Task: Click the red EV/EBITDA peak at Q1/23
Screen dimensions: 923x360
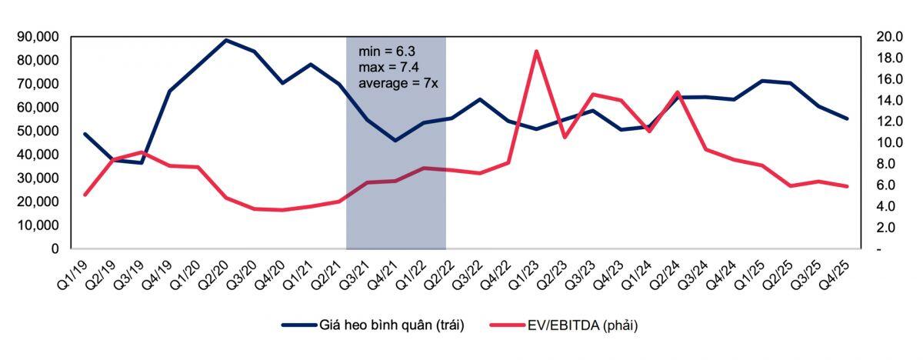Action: point(536,51)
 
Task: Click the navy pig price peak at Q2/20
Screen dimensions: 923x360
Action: point(225,40)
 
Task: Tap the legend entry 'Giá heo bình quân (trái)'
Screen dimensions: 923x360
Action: point(373,325)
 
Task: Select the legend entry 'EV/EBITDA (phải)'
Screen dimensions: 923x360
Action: point(564,325)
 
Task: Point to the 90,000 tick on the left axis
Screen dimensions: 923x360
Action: point(38,37)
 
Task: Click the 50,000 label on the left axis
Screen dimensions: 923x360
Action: point(38,131)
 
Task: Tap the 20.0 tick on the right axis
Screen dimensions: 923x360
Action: point(889,37)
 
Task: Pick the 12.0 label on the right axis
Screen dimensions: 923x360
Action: point(889,121)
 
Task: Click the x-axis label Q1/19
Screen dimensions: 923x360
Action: point(73,276)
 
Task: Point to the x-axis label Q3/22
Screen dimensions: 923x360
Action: point(468,276)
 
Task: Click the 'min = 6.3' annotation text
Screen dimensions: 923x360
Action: point(387,52)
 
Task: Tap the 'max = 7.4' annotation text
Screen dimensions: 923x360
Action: point(388,67)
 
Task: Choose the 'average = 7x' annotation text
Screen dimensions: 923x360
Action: point(398,84)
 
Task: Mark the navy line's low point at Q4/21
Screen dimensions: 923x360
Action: point(395,141)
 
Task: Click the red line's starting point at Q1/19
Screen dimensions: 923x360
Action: point(85,195)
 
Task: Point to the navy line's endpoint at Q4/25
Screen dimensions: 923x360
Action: point(847,118)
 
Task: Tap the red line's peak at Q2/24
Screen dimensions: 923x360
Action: point(678,92)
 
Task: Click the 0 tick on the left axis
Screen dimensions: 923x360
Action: point(55,248)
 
